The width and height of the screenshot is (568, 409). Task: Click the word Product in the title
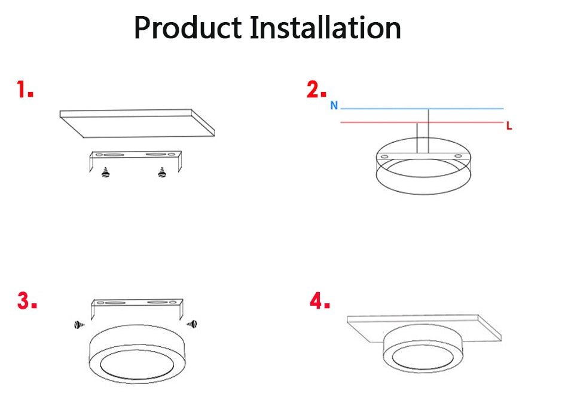187,28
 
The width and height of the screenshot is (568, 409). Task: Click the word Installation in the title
326,28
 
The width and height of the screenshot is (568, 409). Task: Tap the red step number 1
25,91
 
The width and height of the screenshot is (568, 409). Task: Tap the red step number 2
316,90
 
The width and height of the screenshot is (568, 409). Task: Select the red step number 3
27,301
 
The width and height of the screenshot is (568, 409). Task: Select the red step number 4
320,301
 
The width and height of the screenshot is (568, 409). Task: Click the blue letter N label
334,106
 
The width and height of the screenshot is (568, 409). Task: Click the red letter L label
509,126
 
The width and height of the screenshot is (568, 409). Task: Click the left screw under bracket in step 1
106,172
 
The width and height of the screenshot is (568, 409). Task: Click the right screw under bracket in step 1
161,172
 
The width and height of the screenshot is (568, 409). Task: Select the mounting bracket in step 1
135,156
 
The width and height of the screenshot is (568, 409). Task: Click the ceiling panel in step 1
138,122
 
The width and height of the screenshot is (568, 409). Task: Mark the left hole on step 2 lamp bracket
384,156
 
